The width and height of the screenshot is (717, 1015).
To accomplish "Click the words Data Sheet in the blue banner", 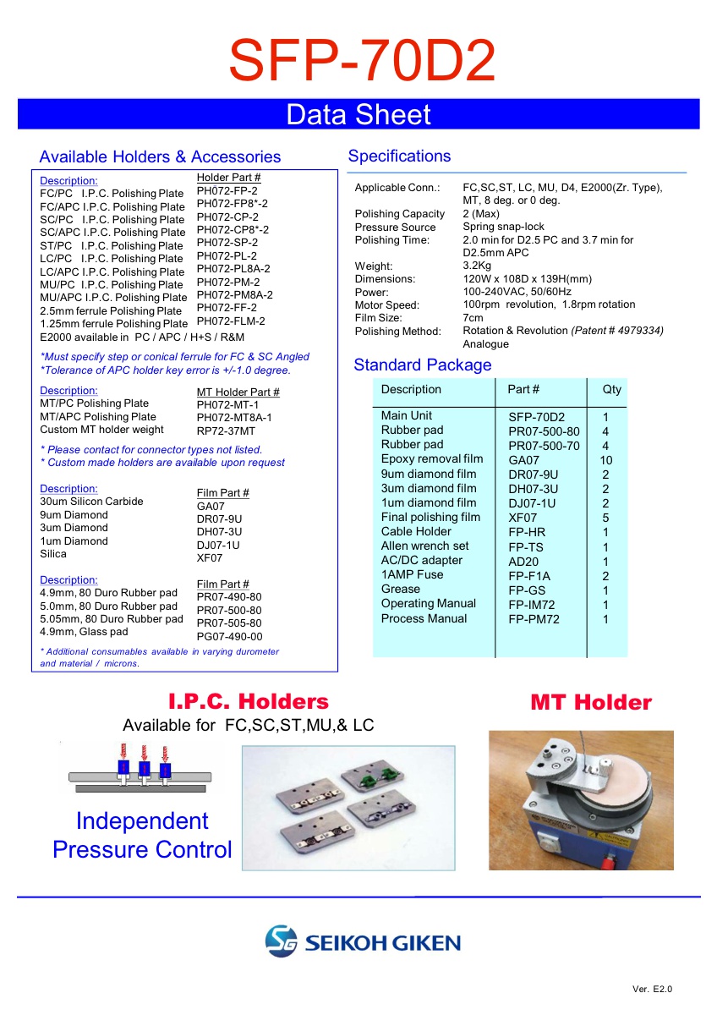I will click(x=358, y=114).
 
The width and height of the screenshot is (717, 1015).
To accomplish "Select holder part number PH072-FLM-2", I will click(x=231, y=321).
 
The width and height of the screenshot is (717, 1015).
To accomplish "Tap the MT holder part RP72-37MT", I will click(x=226, y=431).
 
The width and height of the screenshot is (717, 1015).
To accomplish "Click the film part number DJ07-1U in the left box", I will click(x=218, y=546).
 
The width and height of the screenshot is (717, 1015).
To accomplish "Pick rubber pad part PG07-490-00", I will click(x=229, y=636).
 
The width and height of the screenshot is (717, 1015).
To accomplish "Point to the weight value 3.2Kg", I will click(x=478, y=266).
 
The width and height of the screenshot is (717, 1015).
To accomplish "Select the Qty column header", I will click(x=611, y=390).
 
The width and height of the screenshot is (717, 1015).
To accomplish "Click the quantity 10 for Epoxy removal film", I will click(x=605, y=460).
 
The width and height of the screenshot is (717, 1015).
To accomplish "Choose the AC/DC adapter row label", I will click(x=421, y=560).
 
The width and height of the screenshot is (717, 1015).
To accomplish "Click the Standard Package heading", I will click(x=422, y=365).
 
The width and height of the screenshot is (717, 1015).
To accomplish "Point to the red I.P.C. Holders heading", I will click(x=249, y=701).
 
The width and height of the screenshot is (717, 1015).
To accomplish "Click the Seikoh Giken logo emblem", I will click(x=282, y=941).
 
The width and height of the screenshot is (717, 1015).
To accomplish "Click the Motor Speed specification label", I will click(x=386, y=305).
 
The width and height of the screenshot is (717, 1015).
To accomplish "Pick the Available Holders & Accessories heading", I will click(x=160, y=156).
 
